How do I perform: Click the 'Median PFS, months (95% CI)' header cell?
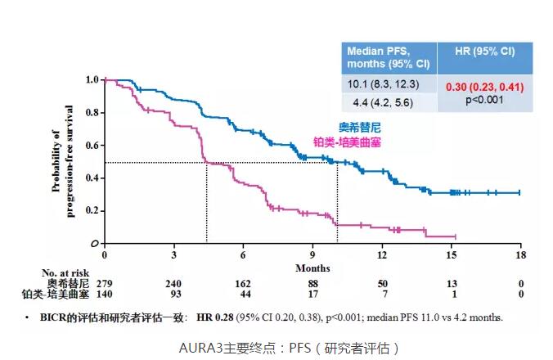(389, 57)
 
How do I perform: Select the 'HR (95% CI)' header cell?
(484, 52)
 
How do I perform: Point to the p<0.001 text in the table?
(485, 101)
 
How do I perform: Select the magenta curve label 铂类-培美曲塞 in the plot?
(347, 142)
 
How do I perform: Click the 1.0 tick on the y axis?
(91, 80)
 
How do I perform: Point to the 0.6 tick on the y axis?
(91, 146)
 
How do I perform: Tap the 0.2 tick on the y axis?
(91, 211)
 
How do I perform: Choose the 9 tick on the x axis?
(312, 255)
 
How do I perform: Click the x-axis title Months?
(312, 268)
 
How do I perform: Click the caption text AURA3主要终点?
(218, 347)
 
